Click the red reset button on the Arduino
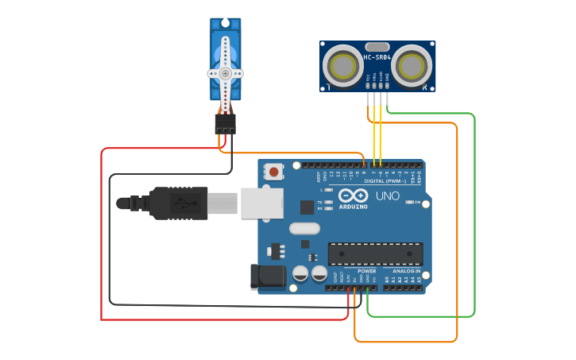[275, 171]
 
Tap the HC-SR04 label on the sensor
[377, 57]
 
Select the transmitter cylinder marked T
[344, 63]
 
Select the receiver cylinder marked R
[412, 63]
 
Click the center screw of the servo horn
[225, 73]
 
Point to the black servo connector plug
[225, 124]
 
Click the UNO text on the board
[387, 196]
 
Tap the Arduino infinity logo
[352, 195]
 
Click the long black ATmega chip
[375, 254]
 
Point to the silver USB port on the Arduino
[261, 203]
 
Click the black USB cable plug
[179, 203]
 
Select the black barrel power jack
[268, 277]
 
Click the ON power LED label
[416, 202]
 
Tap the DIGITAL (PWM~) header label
[385, 181]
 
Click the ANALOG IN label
[406, 271]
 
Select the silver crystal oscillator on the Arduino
[303, 229]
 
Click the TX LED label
[319, 202]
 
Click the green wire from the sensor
[474, 215]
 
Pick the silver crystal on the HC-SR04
[377, 46]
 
